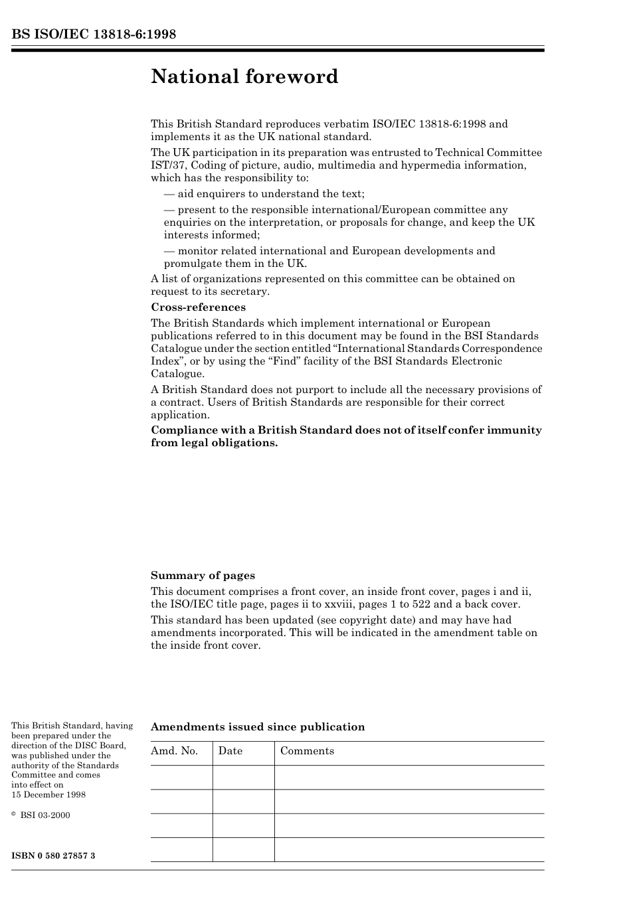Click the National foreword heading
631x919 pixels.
(244, 77)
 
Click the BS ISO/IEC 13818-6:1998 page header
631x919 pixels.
(94, 35)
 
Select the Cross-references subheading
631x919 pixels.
(198, 307)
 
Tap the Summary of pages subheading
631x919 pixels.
(203, 576)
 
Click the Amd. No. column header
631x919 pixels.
(175, 751)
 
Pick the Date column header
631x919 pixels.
(230, 751)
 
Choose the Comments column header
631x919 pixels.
(307, 751)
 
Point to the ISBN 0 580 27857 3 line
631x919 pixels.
(53, 855)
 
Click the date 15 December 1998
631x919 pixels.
(48, 795)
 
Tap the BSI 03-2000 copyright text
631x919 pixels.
(45, 815)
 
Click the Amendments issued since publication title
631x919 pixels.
(258, 727)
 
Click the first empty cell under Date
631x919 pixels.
(243, 777)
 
